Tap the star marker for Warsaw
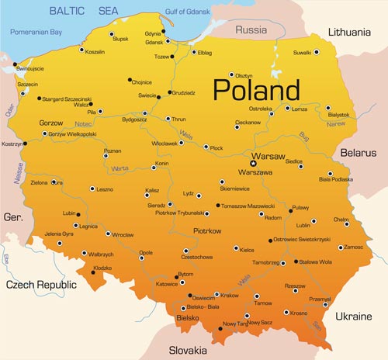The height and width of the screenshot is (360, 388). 253,163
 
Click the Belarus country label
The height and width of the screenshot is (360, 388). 359,153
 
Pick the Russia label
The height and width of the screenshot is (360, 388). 251,31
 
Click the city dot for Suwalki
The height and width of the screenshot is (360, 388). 316,52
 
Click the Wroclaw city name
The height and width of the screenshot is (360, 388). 123,234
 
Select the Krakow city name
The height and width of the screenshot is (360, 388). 230,295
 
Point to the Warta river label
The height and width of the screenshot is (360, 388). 119,168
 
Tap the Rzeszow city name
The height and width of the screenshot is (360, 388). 296,286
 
